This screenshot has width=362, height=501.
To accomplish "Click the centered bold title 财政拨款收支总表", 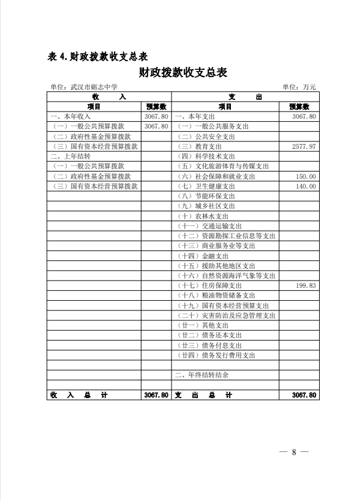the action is coord(183,73).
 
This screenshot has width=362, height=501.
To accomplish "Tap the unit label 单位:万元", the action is coord(299,88).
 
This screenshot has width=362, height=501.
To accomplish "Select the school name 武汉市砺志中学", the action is coord(92,88).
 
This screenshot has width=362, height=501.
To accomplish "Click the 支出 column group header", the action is coord(246,97).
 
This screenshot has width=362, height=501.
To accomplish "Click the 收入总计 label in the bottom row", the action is coord(79,395).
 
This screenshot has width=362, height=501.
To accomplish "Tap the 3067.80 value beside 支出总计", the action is coord(304,395).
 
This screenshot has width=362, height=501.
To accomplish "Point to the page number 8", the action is coord(294,453).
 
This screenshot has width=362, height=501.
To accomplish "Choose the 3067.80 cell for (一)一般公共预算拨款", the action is coord(156,126).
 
